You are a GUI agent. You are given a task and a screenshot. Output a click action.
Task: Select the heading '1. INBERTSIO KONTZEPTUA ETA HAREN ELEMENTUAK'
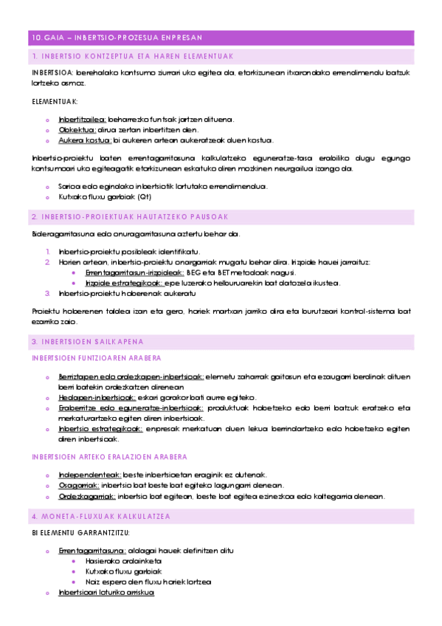[x=133, y=56]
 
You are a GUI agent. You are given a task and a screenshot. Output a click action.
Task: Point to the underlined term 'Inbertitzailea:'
[x=83, y=118]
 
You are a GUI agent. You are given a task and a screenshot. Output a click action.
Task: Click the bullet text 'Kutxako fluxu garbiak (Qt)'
[x=105, y=197]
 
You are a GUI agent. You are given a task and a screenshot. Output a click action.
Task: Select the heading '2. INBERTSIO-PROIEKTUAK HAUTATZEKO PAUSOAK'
[x=130, y=216]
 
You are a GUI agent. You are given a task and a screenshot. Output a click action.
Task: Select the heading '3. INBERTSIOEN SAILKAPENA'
[x=87, y=342]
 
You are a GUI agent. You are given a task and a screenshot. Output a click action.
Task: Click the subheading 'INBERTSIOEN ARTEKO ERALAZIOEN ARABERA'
[x=108, y=457]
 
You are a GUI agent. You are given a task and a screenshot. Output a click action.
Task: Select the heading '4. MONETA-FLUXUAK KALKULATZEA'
[x=101, y=515]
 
